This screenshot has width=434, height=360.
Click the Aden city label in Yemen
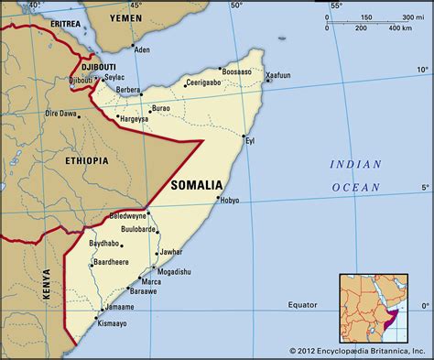coord(141,50)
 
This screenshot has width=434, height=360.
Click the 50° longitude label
coord(237,5)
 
